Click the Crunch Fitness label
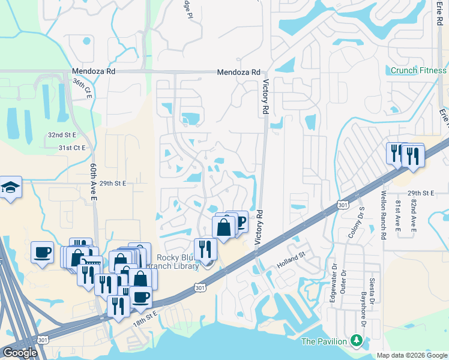418,70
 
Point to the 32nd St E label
62,135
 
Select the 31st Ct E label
72,148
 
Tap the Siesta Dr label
372,281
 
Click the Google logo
20,352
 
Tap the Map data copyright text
412,355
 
